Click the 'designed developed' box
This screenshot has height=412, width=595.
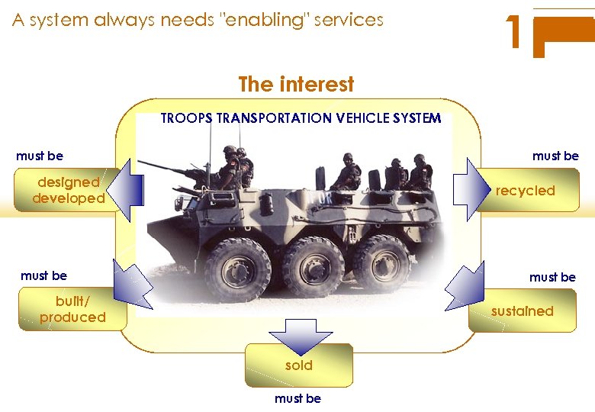click(67, 190)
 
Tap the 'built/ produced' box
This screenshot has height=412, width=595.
click(72, 310)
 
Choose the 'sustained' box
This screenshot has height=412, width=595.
click(523, 311)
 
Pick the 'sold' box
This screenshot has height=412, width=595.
click(299, 365)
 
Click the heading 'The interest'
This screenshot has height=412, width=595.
click(296, 84)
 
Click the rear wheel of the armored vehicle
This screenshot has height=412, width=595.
click(381, 262)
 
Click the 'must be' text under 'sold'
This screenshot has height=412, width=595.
click(297, 398)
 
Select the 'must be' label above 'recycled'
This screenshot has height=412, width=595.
click(555, 156)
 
